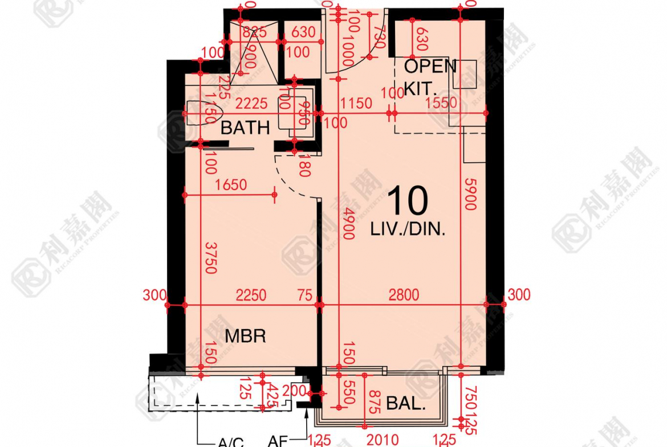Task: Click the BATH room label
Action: point(245,128)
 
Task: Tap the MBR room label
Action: point(245,336)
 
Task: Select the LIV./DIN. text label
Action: point(407,230)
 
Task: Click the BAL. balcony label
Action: point(406,404)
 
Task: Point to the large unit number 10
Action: point(407,200)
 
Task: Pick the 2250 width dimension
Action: point(251,295)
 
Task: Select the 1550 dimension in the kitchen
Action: point(441,103)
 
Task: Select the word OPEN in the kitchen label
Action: point(430,66)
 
